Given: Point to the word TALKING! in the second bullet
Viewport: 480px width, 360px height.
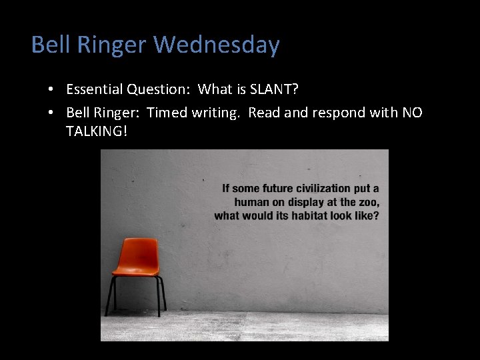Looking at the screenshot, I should (x=96, y=131).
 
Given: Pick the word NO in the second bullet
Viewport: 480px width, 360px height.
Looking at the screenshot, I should (x=412, y=113).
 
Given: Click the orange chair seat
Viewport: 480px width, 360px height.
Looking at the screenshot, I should (x=137, y=271).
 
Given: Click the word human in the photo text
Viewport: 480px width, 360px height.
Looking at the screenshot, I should (x=251, y=202).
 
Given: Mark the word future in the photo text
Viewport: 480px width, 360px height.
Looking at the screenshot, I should (x=279, y=189).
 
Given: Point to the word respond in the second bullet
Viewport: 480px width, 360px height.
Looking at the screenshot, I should (x=329, y=113).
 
